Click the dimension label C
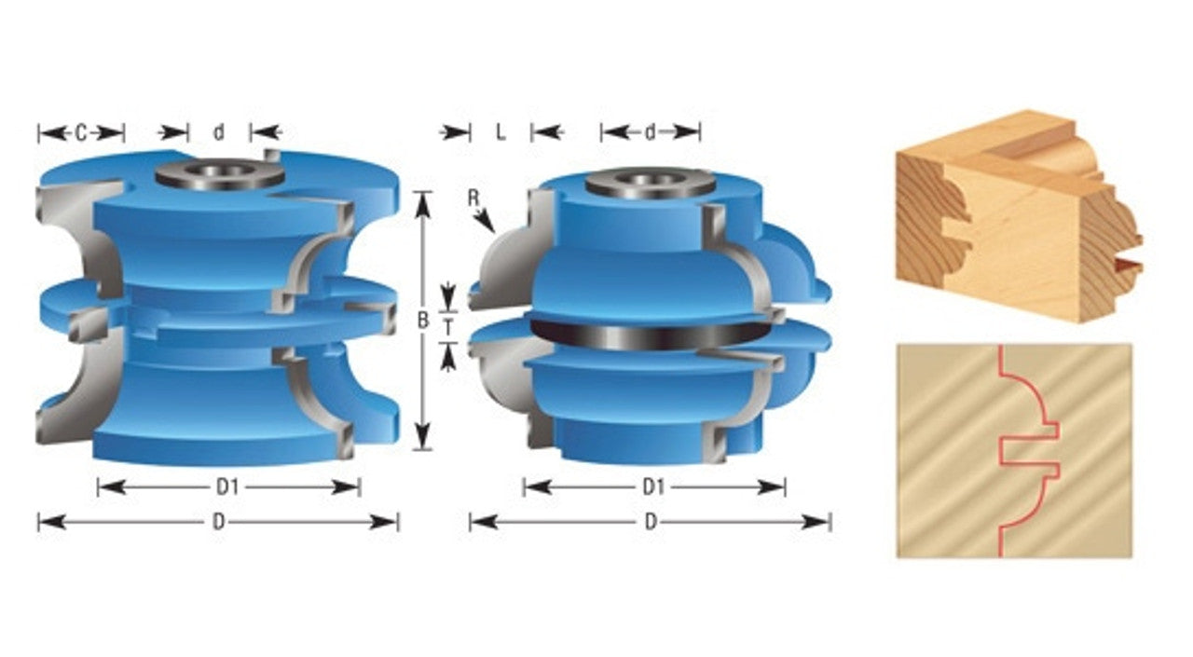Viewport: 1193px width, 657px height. [80, 132]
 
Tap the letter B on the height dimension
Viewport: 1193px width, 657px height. [423, 321]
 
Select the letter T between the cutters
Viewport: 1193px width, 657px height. [448, 327]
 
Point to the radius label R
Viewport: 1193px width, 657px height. [473, 198]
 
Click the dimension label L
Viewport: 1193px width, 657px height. [501, 132]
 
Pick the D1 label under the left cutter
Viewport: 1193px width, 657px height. [227, 486]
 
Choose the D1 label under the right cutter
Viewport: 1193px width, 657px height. [653, 486]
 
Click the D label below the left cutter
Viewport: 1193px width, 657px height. [218, 522]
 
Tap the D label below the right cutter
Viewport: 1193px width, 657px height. [651, 522]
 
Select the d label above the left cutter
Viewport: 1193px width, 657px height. [219, 132]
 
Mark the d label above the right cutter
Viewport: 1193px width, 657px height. [650, 132]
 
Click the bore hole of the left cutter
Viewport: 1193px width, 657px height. [218, 171]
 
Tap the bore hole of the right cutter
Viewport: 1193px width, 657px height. [650, 180]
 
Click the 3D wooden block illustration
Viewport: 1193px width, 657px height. [1020, 215]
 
